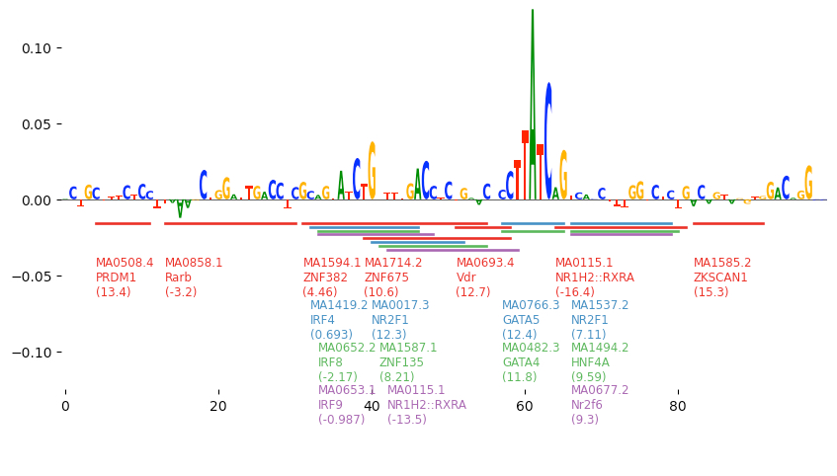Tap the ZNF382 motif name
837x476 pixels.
pos(325,278)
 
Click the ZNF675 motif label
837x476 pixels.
pos(386,278)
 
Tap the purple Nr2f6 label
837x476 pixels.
pos(586,405)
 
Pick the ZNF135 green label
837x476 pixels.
pos(401,362)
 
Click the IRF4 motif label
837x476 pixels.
pos(323,320)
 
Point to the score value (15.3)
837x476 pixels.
pos(711,292)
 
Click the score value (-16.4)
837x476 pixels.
pos(575,292)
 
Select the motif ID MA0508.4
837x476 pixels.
pos(125,263)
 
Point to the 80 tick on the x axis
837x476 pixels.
pos(678,405)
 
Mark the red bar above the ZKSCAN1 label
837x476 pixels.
pos(728,223)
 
